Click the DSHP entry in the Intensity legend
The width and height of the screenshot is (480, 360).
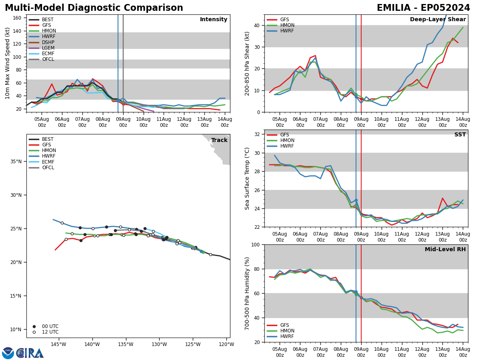[x=48, y=42]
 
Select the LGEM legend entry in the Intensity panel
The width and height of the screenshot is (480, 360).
[x=48, y=48]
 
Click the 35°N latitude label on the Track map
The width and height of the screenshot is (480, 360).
[x=16, y=162]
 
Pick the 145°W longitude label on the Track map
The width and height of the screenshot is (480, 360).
[x=58, y=344]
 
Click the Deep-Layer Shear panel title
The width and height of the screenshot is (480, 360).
[x=438, y=20]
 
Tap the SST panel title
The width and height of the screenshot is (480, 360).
[x=460, y=135]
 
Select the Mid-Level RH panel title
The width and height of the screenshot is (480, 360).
[x=445, y=250]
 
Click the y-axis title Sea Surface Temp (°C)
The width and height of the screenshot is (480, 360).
[x=247, y=178]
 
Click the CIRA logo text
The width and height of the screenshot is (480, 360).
[x=30, y=353]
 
